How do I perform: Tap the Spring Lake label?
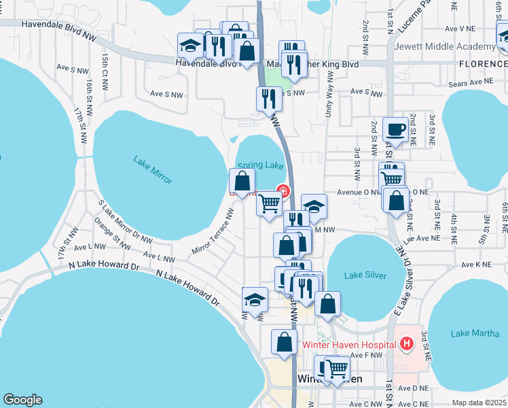260,165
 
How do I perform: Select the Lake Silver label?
365,275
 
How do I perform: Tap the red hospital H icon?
407,344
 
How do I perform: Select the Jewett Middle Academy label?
457,46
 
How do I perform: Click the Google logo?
22,400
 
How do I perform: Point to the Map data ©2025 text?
479,403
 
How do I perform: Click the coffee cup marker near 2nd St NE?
395,129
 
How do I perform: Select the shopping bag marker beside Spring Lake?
242,182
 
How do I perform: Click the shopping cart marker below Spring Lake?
270,203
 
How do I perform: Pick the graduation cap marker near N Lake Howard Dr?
255,300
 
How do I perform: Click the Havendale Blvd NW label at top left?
59,23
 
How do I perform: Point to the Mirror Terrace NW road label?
213,232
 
